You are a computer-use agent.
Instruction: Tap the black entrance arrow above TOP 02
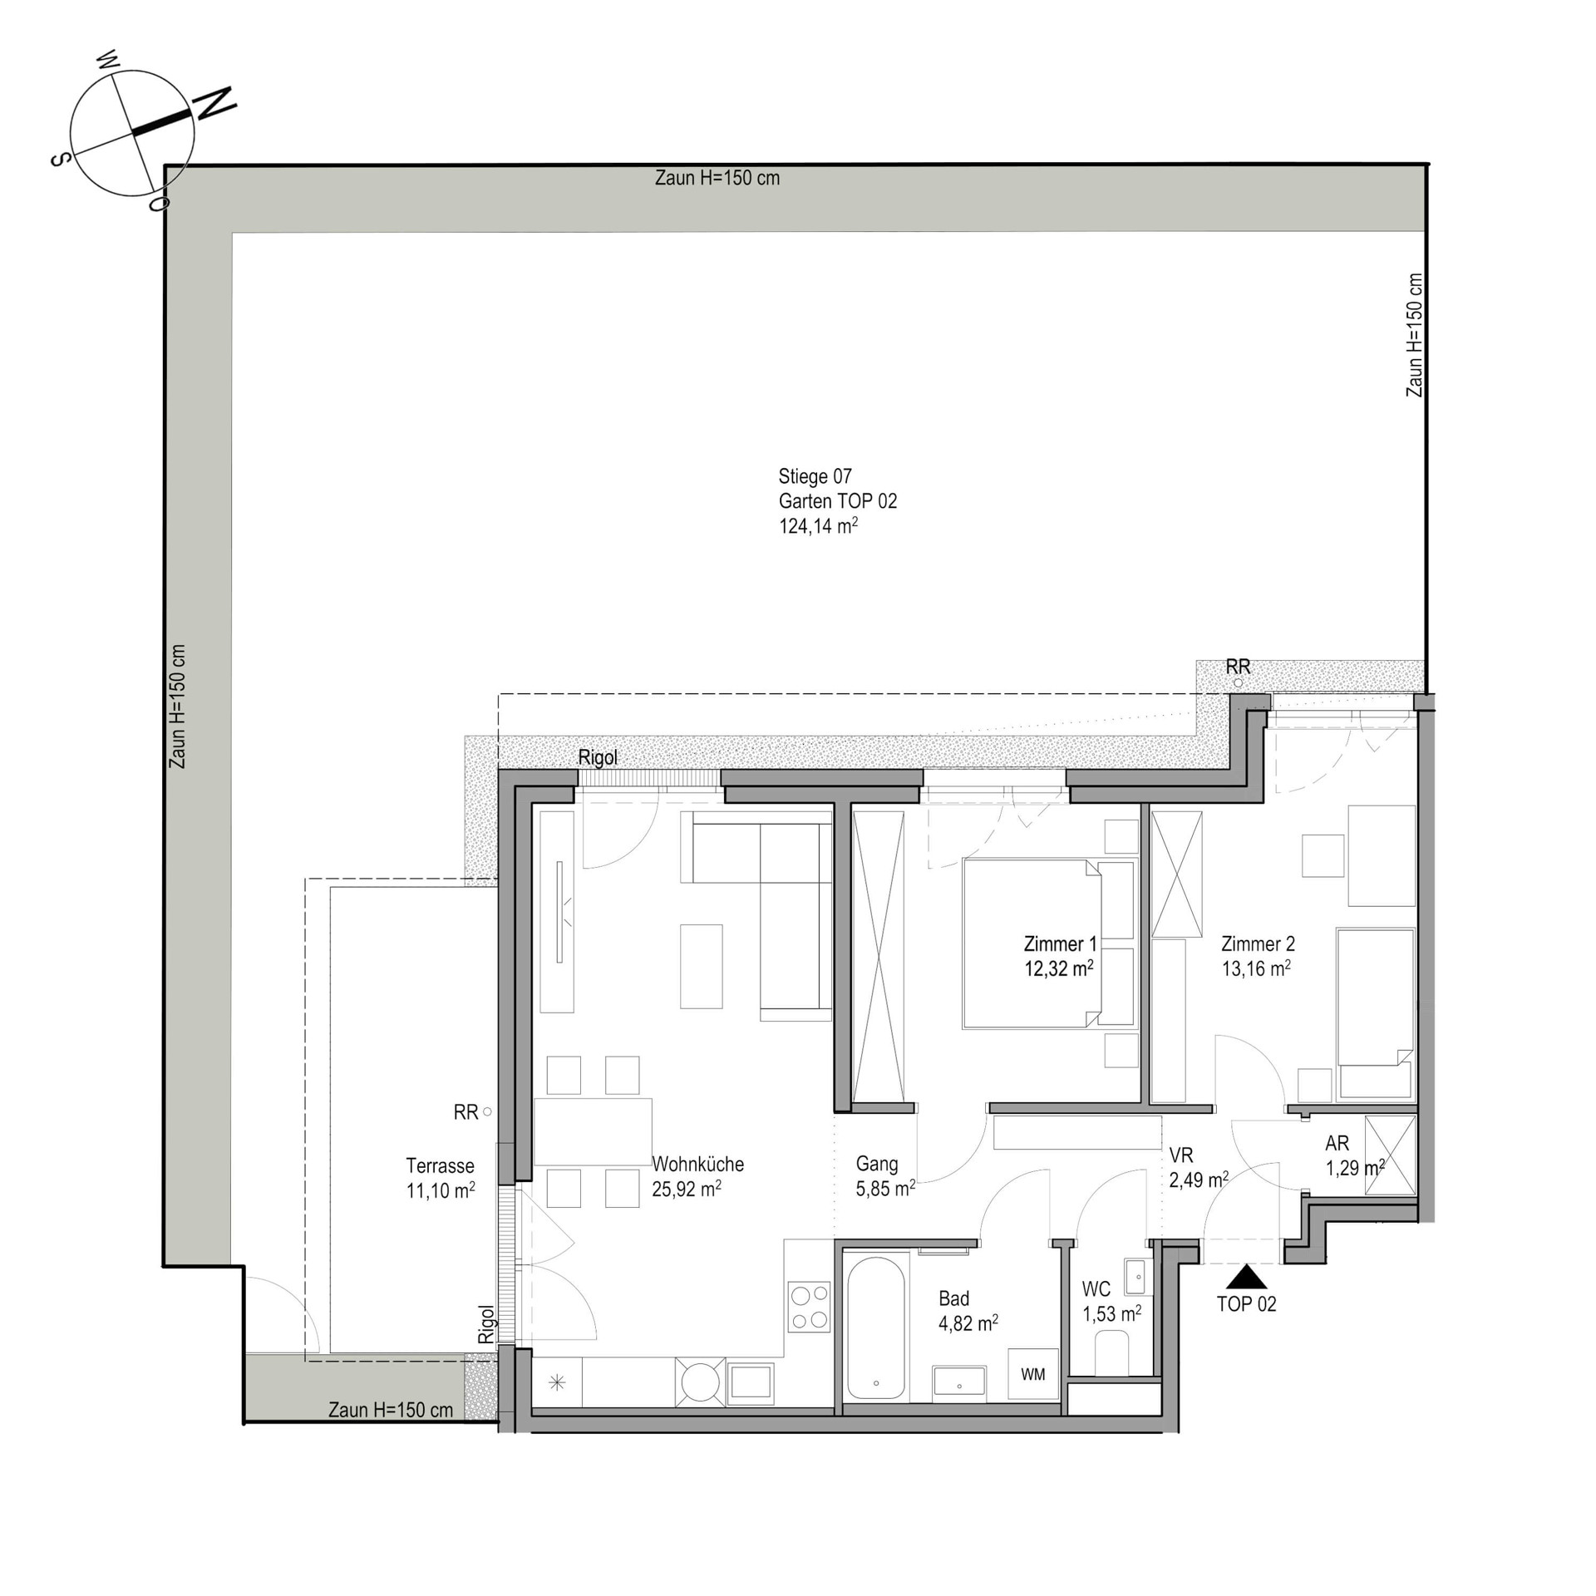(1245, 1277)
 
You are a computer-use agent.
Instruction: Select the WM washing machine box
(1033, 1374)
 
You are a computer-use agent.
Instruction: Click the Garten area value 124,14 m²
(818, 526)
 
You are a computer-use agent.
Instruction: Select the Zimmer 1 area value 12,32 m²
(1058, 968)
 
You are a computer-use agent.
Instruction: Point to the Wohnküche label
(697, 1165)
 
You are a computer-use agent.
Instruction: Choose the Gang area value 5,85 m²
(885, 1189)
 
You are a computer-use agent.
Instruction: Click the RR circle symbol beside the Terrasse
(487, 1111)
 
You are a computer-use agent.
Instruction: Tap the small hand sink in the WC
(1135, 1278)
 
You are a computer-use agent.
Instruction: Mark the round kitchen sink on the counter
(699, 1382)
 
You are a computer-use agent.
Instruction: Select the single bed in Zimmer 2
(1375, 1012)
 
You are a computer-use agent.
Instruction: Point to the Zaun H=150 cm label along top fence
(717, 178)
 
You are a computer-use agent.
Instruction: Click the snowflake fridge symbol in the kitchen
(557, 1383)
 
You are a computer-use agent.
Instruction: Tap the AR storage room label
(1337, 1144)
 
